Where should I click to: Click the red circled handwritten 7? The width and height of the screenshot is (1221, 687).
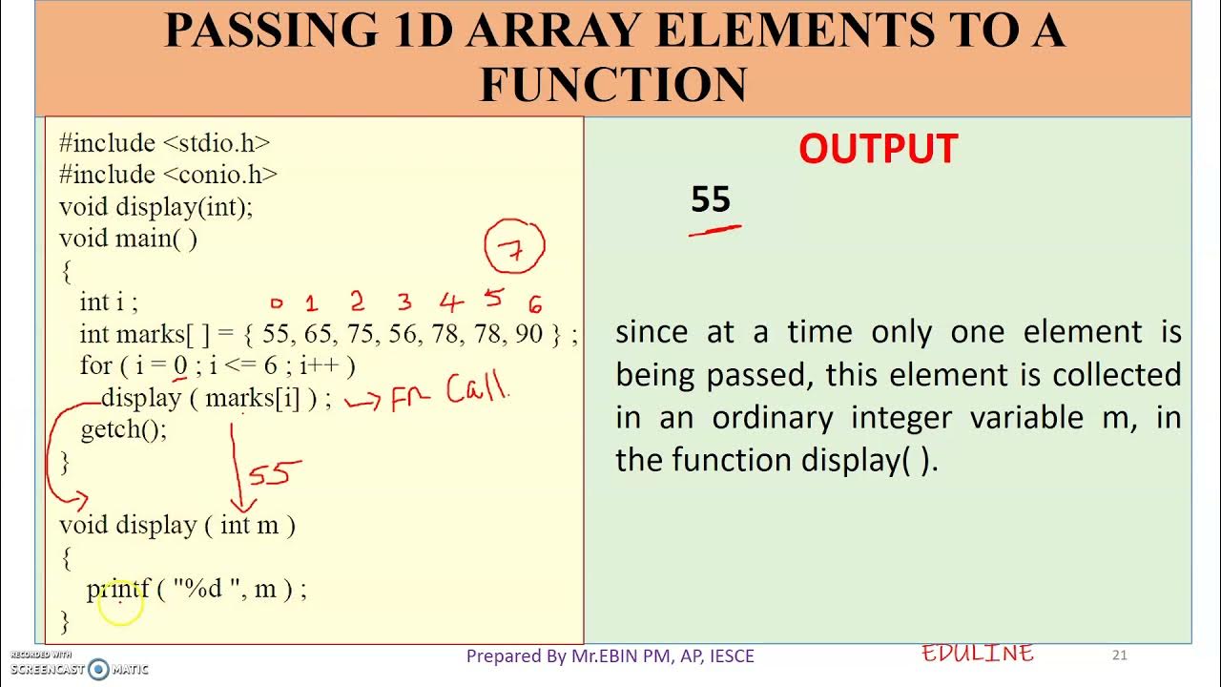click(x=515, y=249)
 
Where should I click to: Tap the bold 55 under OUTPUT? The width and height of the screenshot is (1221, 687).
click(x=711, y=199)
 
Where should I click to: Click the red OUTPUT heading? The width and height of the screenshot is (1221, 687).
click(x=878, y=150)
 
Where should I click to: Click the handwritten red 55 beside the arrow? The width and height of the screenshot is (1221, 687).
click(x=275, y=473)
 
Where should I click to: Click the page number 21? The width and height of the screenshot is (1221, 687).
click(x=1120, y=655)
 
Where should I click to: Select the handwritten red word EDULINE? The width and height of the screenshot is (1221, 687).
click(x=978, y=654)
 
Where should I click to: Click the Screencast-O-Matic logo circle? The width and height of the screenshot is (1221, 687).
click(x=98, y=669)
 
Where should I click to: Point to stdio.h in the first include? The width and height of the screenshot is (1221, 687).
click(x=217, y=143)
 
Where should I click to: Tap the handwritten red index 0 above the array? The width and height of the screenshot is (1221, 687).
click(x=277, y=304)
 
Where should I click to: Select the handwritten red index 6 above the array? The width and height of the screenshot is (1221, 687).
click(x=535, y=304)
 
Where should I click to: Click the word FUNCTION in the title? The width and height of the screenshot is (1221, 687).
click(x=612, y=84)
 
